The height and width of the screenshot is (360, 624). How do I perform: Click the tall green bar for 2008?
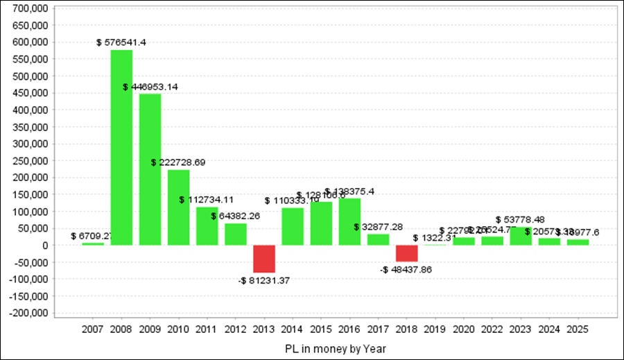click(121, 147)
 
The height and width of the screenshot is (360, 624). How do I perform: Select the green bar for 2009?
click(150, 169)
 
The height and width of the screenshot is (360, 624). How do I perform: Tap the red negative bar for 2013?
click(263, 259)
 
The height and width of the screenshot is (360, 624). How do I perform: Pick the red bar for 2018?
click(406, 253)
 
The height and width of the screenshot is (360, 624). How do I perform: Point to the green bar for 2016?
click(349, 221)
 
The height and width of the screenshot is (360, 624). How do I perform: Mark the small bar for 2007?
click(93, 243)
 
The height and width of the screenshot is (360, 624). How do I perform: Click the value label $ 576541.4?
click(121, 42)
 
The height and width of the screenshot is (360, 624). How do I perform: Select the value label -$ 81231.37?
click(263, 280)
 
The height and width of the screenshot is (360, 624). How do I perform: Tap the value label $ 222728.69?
click(178, 162)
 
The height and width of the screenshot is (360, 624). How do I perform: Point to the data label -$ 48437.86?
click(406, 269)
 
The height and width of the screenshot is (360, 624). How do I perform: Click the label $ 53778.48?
click(520, 220)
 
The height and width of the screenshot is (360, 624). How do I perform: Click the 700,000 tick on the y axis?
click(30, 8)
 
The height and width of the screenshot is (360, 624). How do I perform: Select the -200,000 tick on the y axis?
click(28, 313)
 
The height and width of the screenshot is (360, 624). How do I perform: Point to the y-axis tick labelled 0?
click(44, 245)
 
